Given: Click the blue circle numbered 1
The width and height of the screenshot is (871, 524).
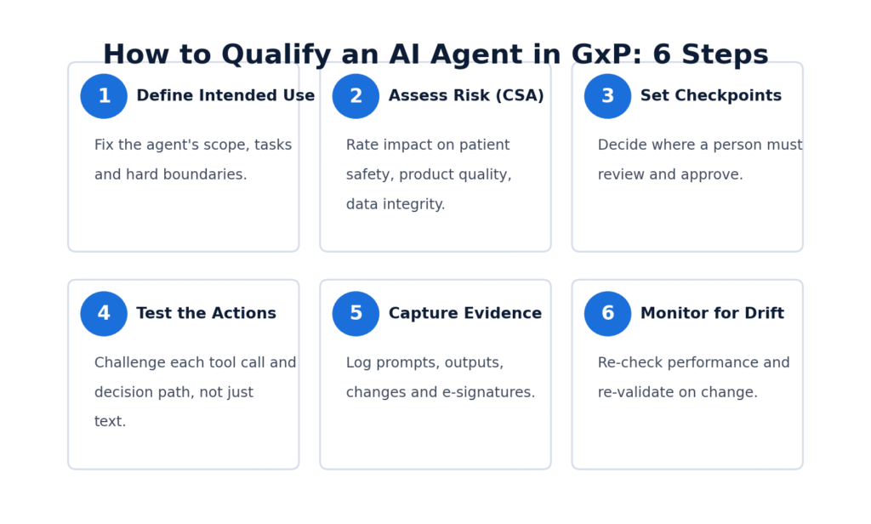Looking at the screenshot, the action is [x=104, y=96].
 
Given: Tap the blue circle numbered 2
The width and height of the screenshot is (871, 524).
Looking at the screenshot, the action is [x=356, y=96].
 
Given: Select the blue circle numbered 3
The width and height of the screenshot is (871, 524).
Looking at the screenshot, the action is [x=607, y=96].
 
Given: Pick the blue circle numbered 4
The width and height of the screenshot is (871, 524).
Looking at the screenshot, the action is [x=104, y=313].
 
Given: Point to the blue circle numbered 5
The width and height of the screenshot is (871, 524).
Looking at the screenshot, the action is [x=356, y=313].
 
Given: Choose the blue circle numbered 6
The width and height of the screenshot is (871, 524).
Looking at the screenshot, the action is [x=607, y=313].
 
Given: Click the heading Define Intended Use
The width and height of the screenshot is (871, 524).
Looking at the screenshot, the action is [x=225, y=95].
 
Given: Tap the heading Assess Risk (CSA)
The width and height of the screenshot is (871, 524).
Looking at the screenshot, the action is [x=466, y=95].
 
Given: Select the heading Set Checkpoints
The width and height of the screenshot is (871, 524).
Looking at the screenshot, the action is [x=711, y=95].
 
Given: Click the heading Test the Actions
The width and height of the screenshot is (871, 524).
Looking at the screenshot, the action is [x=206, y=313].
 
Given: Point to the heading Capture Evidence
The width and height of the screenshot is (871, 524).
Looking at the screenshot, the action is [x=465, y=313].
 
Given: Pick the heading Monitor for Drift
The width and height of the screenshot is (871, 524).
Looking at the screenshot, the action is [x=712, y=313].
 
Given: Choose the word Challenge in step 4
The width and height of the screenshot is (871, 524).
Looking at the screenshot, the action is [x=130, y=363].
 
